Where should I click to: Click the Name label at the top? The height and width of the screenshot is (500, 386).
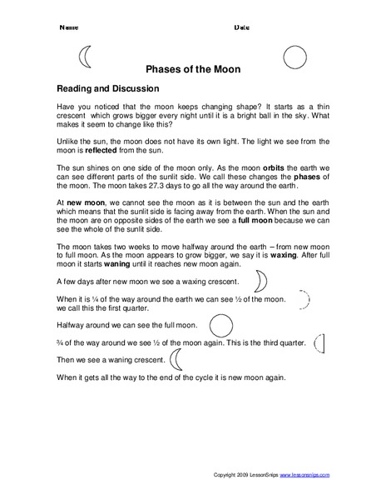tap(67, 27)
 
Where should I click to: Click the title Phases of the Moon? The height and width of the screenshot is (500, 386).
tap(193, 70)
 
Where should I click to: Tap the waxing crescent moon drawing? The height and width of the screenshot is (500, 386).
tap(260, 278)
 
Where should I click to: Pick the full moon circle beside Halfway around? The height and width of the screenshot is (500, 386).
tap(220, 322)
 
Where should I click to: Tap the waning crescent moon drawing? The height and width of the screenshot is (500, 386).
tap(176, 358)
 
